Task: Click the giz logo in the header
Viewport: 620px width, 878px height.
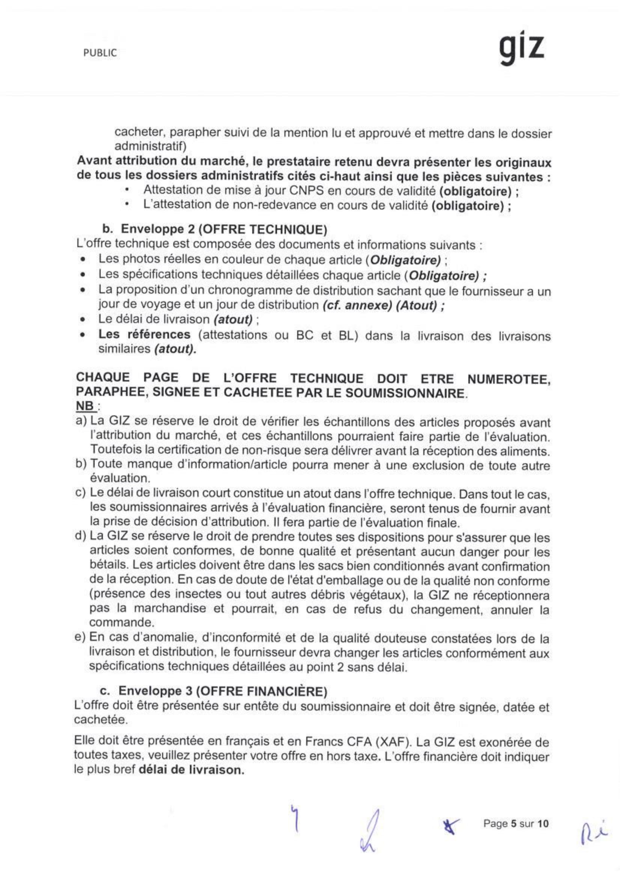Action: [521, 51]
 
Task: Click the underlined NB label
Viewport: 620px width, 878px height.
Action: [85, 406]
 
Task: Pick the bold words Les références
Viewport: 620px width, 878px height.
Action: [144, 335]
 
